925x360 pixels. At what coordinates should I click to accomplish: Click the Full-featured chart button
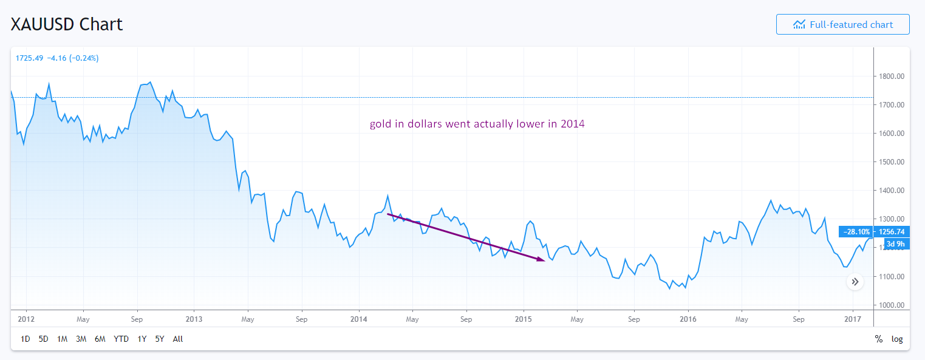click(x=842, y=25)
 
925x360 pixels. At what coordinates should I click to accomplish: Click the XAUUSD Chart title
click(x=67, y=24)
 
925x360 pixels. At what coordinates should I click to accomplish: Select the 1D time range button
click(x=26, y=339)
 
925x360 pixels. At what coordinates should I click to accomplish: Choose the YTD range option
click(x=121, y=339)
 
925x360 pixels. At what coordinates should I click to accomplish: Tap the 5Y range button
click(x=160, y=339)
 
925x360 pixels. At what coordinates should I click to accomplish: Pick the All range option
click(x=178, y=339)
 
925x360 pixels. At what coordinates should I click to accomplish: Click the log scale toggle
click(x=897, y=339)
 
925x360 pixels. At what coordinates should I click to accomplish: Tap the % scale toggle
click(x=878, y=339)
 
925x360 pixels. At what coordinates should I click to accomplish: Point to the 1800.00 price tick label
click(x=892, y=76)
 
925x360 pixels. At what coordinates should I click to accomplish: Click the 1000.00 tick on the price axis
click(x=892, y=305)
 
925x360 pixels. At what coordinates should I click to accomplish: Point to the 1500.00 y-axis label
click(x=892, y=162)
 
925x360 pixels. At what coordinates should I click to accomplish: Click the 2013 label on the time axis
click(x=194, y=319)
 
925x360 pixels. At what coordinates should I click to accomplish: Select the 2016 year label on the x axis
click(x=688, y=319)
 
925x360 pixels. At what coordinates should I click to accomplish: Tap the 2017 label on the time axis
click(x=853, y=319)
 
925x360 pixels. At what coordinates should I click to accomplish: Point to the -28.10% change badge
click(x=856, y=231)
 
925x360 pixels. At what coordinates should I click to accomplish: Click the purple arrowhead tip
click(x=542, y=260)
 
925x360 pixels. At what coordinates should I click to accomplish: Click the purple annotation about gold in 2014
click(x=477, y=124)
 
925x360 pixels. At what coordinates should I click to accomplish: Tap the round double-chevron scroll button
click(x=855, y=282)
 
